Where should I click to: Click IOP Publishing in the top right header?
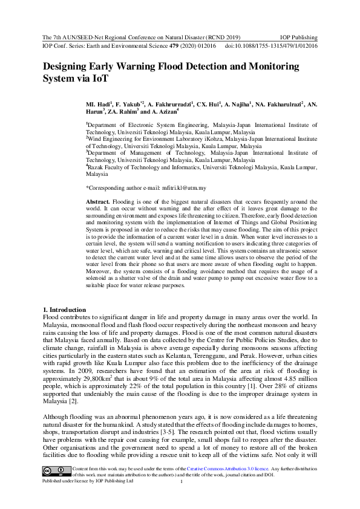click(299, 37)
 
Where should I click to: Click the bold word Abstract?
click(97, 201)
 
